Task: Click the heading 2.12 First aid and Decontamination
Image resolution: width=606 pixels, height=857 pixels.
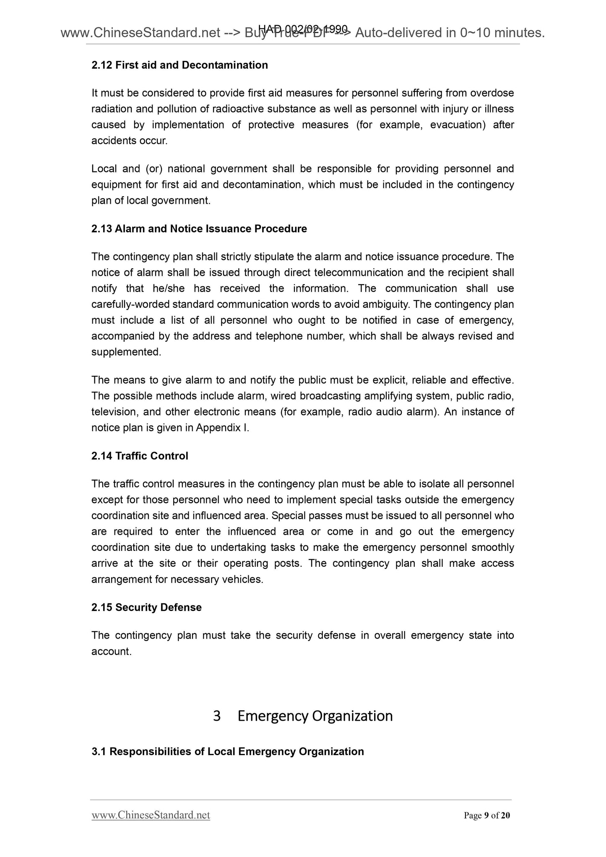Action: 179,65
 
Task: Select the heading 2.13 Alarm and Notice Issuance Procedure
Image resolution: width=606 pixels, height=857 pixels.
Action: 199,229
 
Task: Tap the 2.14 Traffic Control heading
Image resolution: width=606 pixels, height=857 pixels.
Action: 140,456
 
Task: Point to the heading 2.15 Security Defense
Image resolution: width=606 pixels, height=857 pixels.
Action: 146,607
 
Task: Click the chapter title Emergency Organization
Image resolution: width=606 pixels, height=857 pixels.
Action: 315,716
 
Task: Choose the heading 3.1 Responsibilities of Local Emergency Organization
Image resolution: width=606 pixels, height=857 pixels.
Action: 227,751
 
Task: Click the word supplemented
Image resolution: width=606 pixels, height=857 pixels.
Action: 126,352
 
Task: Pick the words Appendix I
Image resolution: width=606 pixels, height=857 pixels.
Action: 222,428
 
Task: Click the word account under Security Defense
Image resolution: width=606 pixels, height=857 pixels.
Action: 111,651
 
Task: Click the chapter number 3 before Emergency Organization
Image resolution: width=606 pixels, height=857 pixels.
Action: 217,716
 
